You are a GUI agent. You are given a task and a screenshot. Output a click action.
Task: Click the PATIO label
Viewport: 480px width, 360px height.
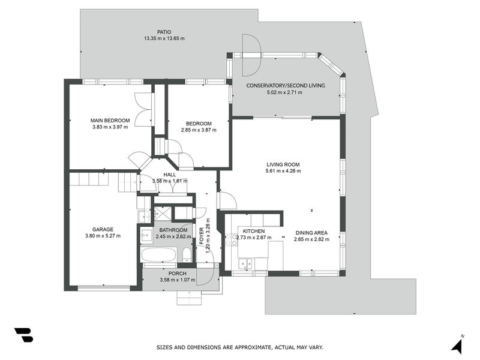pos(164,32)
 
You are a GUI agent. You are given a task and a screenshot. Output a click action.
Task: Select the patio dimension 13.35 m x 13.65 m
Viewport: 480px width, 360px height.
pos(164,38)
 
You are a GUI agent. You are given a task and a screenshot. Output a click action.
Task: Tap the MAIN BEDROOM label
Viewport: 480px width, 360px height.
pos(110,121)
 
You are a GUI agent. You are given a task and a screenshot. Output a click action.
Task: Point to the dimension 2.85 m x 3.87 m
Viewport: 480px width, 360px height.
pos(199,130)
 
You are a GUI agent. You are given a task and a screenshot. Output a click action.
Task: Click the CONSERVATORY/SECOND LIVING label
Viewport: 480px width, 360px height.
pos(286,86)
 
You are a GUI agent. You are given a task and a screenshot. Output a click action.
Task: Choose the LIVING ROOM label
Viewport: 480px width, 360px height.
pos(283,164)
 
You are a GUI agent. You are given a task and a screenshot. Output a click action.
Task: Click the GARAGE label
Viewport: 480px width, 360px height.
pos(103,229)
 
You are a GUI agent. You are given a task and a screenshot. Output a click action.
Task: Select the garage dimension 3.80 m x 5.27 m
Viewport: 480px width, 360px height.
pos(103,236)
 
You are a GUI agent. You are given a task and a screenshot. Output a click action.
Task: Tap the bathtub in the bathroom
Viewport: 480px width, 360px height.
pos(159,256)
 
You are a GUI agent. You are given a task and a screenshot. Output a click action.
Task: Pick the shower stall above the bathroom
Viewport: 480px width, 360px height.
pos(162,213)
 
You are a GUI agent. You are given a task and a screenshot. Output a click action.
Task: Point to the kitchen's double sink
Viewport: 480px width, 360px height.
pos(245,262)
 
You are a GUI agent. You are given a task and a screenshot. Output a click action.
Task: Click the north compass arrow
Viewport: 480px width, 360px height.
pos(457,346)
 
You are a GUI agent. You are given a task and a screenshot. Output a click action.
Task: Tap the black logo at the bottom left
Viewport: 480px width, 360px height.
pos(23,335)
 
